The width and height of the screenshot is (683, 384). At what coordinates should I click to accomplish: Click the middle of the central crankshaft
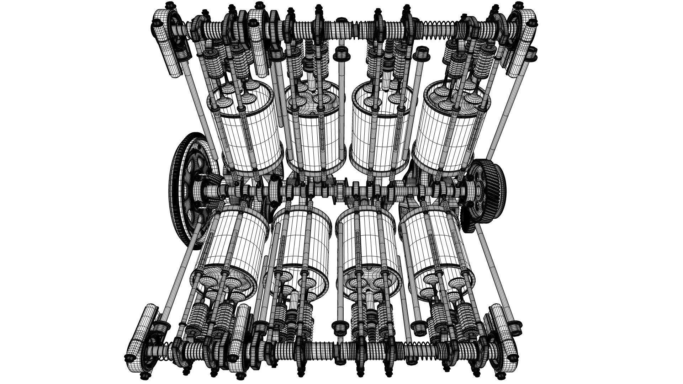tap(341, 188)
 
